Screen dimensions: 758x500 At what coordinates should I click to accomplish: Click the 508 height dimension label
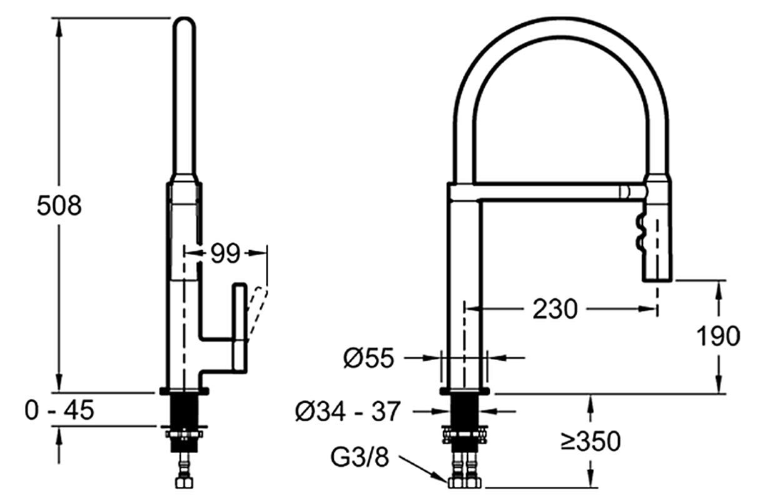[59, 205]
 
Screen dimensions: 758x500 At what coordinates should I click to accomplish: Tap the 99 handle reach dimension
[225, 253]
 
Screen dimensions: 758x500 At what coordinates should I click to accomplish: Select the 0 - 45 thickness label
[59, 410]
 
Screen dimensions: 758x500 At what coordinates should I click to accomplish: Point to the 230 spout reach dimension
[555, 309]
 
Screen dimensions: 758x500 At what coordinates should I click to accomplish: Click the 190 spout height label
[718, 336]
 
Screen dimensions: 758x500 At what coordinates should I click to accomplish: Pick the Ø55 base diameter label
[369, 357]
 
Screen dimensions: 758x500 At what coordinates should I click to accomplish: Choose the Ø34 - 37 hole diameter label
[348, 411]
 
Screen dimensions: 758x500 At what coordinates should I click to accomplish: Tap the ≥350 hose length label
[590, 441]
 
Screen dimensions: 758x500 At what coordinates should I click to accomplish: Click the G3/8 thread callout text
[360, 457]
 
